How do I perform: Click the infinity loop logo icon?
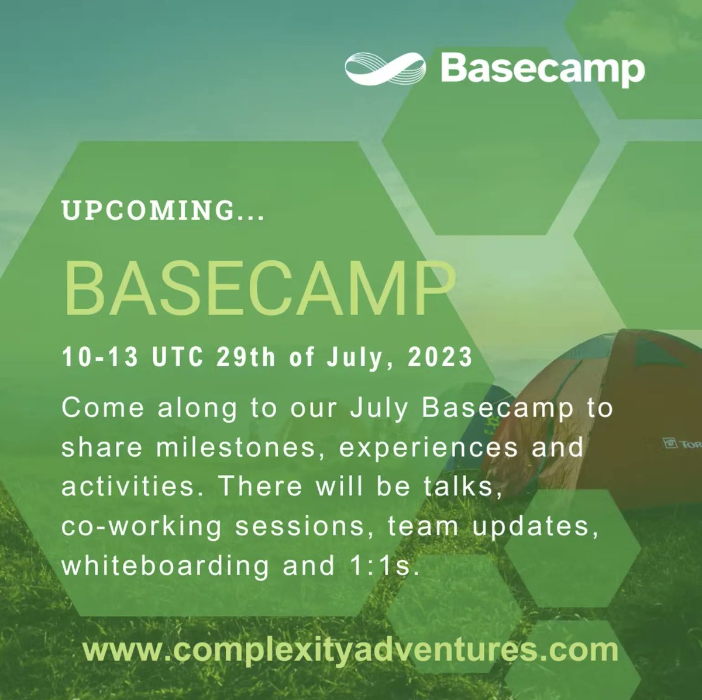pos(384,69)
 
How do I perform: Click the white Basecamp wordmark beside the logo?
pos(542,70)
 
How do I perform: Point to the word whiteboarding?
pos(166,566)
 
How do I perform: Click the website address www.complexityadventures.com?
pos(350,650)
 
